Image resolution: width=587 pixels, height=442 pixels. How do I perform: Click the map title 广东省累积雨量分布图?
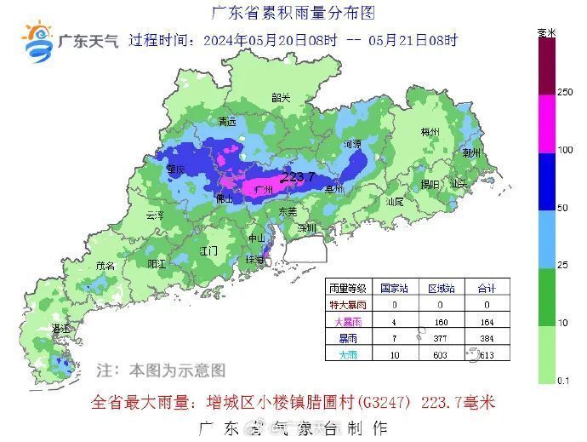[293, 13]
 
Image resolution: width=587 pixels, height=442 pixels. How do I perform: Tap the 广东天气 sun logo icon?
[38, 43]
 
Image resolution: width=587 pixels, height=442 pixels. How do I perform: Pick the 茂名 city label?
[105, 266]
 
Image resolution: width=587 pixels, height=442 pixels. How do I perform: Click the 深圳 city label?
[306, 228]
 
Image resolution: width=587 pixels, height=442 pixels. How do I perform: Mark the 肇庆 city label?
[176, 169]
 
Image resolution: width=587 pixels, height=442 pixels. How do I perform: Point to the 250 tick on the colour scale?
[565, 92]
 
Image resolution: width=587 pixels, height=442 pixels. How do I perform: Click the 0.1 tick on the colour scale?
[563, 382]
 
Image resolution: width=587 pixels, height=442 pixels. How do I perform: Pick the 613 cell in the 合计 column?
[488, 353]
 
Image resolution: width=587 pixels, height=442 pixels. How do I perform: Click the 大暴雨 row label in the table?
[348, 321]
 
